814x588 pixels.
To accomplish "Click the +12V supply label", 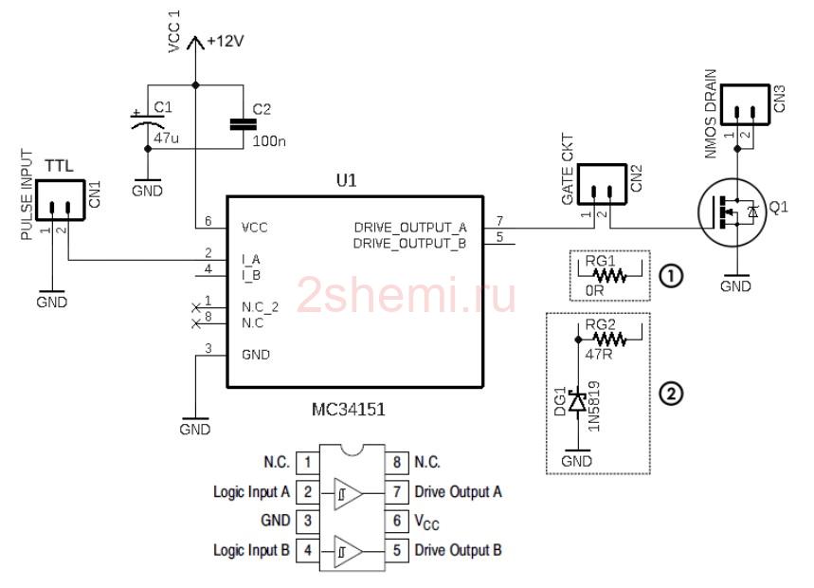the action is click(226, 41).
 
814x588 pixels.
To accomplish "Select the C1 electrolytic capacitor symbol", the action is click(148, 120).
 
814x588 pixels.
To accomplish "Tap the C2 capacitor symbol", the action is click(243, 123).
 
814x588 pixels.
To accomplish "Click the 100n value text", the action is click(269, 141).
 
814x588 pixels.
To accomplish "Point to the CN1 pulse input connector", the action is click(61, 200).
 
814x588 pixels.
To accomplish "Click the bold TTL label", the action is click(59, 166).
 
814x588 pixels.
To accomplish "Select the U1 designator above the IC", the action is click(347, 181).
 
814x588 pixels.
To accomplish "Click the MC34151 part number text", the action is click(349, 410).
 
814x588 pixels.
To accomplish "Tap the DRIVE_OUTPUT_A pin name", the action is click(410, 228).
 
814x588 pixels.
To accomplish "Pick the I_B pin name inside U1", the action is click(251, 275).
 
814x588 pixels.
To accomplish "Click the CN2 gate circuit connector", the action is click(602, 185).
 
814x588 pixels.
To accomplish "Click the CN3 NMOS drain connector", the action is click(745, 104).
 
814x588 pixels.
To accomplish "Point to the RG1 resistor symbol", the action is click(610, 275).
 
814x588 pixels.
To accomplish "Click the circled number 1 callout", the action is click(671, 276).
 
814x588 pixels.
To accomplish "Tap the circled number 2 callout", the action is click(671, 394).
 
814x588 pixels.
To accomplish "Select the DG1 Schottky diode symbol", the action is click(578, 401).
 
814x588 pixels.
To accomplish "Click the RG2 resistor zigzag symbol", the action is click(609, 340).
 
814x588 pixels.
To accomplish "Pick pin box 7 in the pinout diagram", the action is click(397, 491).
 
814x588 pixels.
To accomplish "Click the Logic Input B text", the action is click(251, 550).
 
